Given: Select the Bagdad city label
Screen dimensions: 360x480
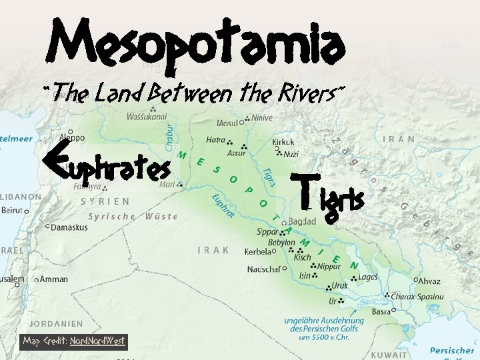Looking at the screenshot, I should click(303, 222).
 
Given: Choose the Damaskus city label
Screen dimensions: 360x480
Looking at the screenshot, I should click(69, 227).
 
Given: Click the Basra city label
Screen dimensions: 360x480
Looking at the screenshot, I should click(382, 311).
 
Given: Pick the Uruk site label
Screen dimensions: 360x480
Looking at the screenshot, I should click(341, 285).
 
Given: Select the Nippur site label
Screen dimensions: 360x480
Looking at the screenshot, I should click(329, 266).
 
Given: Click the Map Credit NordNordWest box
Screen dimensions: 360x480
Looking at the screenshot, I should click(73, 341).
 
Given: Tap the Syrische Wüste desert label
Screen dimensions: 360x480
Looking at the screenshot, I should click(133, 217).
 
